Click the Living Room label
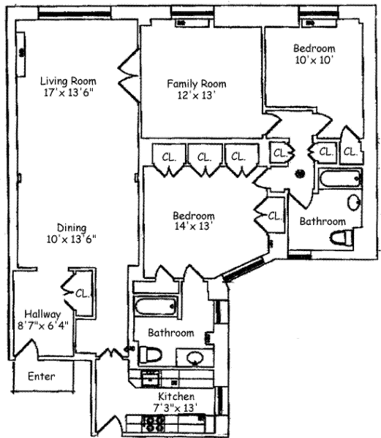[68, 81]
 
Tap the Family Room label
[197, 84]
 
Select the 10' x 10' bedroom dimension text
[314, 60]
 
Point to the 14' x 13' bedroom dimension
[192, 226]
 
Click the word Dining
[72, 228]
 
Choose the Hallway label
[42, 314]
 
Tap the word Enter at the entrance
[42, 376]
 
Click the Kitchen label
[176, 396]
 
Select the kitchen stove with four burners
[153, 423]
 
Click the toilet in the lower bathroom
[151, 355]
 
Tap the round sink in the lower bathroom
[195, 358]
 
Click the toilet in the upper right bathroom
[342, 238]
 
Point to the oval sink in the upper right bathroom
[354, 202]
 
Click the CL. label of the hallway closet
[83, 293]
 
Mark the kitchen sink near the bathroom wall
[151, 378]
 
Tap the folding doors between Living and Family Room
[129, 75]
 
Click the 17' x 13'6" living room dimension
[68, 93]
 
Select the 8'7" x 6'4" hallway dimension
[43, 326]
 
